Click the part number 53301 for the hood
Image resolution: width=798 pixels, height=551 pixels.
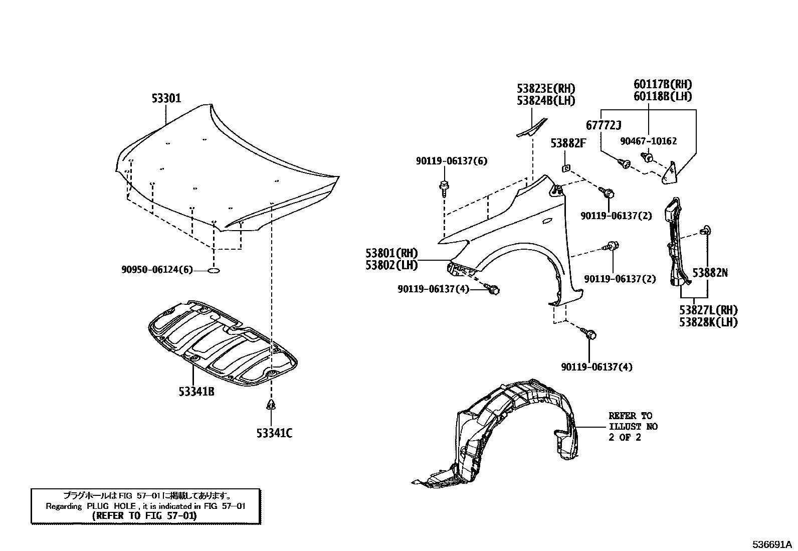pyautogui.click(x=166, y=98)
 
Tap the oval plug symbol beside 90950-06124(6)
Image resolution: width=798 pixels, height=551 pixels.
pyautogui.click(x=213, y=271)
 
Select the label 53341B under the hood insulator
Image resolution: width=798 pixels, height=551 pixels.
pyautogui.click(x=196, y=391)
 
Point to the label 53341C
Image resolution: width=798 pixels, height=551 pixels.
pyautogui.click(x=273, y=433)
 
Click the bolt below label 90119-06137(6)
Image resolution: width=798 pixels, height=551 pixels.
pyautogui.click(x=444, y=187)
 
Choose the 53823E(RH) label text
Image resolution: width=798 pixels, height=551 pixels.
pyautogui.click(x=546, y=89)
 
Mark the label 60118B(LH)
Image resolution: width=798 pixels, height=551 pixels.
pyautogui.click(x=662, y=96)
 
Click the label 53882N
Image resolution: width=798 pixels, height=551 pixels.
pyautogui.click(x=710, y=273)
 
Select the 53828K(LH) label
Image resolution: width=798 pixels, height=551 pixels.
pyautogui.click(x=708, y=322)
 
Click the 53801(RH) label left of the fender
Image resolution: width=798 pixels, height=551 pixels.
pyautogui.click(x=391, y=253)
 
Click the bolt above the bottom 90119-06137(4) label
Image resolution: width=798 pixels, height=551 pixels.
pyautogui.click(x=589, y=333)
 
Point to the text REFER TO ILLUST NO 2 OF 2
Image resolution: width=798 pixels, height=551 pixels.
pyautogui.click(x=633, y=426)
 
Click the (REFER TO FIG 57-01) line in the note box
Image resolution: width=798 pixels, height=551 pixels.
pyautogui.click(x=145, y=515)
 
